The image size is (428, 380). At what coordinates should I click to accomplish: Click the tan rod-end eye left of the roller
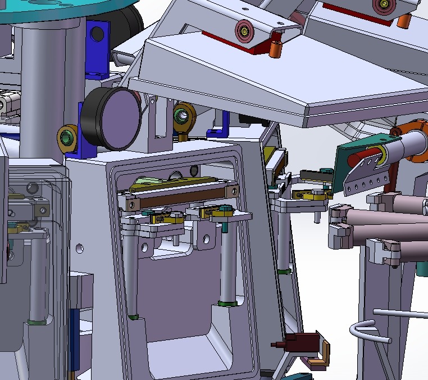click(67, 138)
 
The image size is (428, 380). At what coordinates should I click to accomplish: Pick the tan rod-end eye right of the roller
click(183, 116)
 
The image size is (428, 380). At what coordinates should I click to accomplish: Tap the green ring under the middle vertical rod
click(226, 304)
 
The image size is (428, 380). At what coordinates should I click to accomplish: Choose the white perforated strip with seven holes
click(365, 179)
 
